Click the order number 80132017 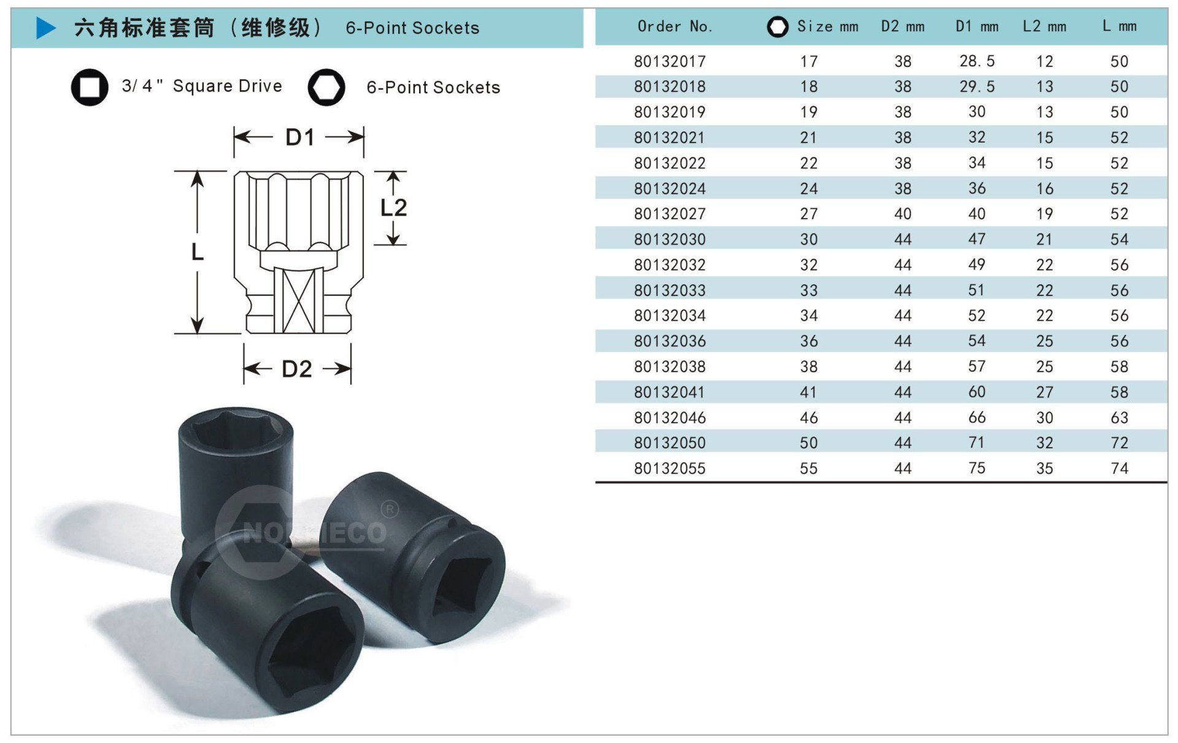669,61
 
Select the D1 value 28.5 977,61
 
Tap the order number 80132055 669,469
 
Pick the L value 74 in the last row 1119,469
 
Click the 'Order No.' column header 675,26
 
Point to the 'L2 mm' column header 1044,26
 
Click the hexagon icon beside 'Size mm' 777,26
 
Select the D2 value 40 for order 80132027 903,214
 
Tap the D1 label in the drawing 300,137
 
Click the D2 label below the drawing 297,368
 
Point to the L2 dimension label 393,208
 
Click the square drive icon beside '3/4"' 90,87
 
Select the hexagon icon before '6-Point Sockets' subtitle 326,87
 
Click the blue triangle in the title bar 46,28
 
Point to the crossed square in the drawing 299,300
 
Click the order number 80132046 669,418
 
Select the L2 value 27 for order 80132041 1044,392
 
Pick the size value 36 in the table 809,341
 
